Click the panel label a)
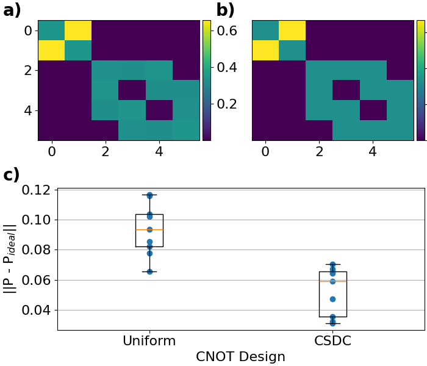12,10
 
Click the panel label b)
226,10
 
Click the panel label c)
12,175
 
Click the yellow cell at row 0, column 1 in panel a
78,30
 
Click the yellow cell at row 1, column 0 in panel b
265,50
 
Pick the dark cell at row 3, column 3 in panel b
346,90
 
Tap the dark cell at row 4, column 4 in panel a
159,110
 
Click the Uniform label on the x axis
149,341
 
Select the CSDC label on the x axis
332,341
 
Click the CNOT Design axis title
240,357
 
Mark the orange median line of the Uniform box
149,229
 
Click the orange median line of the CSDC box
332,281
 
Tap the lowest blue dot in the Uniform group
149,271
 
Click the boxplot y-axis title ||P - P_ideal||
10,259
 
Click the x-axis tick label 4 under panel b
373,150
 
